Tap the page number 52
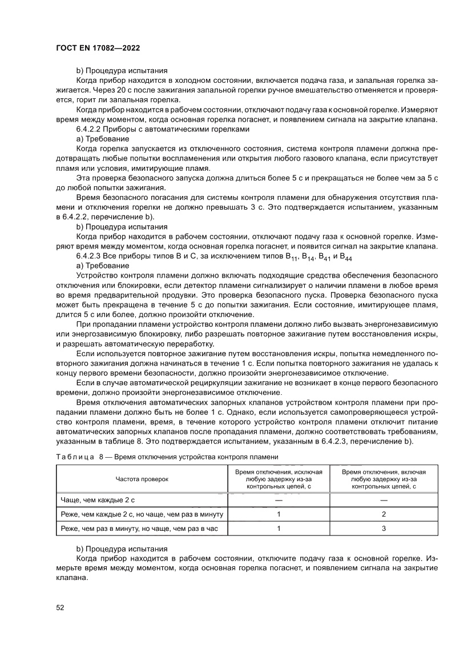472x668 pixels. pyautogui.click(x=60, y=607)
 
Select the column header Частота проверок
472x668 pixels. pyautogui.click(x=142, y=479)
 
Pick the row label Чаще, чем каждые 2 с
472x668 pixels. pyautogui.click(x=98, y=499)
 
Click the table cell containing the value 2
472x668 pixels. pyautogui.click(x=384, y=514)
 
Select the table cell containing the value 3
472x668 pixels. pyautogui.click(x=384, y=529)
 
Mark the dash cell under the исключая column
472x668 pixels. pyautogui.click(x=279, y=499)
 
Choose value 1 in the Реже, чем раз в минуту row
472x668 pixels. pyautogui.click(x=279, y=529)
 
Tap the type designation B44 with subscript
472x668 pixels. pyautogui.click(x=346, y=257)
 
